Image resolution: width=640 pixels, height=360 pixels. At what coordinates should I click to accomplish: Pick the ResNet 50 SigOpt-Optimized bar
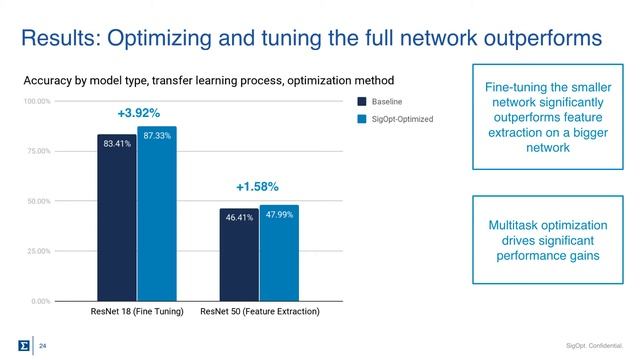279,252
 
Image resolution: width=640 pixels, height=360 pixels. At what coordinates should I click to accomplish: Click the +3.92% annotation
138,112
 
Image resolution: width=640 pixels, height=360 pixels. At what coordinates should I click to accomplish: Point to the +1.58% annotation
257,186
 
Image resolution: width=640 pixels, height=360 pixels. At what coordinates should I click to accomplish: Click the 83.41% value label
117,144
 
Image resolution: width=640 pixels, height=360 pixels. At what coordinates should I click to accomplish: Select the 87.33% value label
156,135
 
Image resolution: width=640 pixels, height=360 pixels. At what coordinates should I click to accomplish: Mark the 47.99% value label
279,214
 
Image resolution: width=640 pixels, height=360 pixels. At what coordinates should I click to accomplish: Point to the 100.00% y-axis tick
37,102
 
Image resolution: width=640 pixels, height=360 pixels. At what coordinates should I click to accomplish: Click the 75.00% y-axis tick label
39,152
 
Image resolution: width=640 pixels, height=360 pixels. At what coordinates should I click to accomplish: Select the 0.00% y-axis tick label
41,301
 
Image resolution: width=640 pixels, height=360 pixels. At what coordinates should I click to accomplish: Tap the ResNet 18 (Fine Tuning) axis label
137,313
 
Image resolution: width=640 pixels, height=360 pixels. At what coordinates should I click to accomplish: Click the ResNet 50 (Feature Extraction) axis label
260,313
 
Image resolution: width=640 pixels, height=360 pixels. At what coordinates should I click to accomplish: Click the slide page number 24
43,345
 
